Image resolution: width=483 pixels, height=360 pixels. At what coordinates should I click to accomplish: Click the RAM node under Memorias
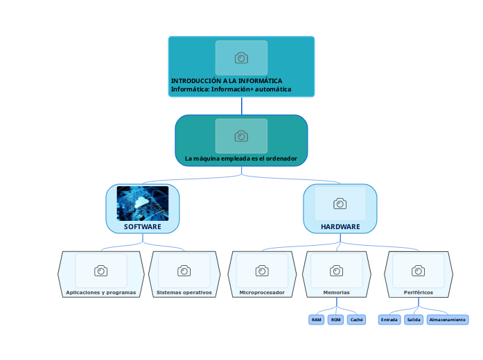pyautogui.click(x=317, y=320)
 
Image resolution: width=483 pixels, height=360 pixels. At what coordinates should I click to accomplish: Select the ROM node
pyautogui.click(x=336, y=320)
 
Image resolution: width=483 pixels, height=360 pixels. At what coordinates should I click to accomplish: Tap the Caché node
pyautogui.click(x=357, y=320)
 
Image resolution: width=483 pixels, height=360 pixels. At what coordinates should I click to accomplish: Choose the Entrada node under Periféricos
pyautogui.click(x=389, y=320)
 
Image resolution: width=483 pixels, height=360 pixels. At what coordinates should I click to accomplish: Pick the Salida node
pyautogui.click(x=414, y=320)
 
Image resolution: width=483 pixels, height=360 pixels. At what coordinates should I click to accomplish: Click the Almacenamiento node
pyautogui.click(x=447, y=320)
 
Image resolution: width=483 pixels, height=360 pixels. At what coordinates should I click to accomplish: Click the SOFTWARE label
pyautogui.click(x=143, y=226)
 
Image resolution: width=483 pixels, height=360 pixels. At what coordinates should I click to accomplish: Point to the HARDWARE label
pyautogui.click(x=340, y=226)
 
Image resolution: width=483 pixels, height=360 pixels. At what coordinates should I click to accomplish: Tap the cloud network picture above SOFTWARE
pyautogui.click(x=143, y=203)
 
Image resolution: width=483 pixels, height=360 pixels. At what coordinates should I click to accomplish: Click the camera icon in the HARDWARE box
pyautogui.click(x=340, y=204)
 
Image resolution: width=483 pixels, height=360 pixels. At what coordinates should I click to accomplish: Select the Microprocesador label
pyautogui.click(x=262, y=292)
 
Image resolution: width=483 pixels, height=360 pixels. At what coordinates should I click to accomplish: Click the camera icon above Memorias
pyautogui.click(x=336, y=271)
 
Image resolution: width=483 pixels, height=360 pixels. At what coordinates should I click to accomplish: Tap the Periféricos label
pyautogui.click(x=419, y=292)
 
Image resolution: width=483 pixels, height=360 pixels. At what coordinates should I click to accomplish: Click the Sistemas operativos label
pyautogui.click(x=184, y=292)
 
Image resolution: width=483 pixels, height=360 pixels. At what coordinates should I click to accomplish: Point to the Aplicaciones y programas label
pyautogui.click(x=101, y=292)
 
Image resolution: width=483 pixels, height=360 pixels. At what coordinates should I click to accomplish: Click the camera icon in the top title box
pyautogui.click(x=241, y=58)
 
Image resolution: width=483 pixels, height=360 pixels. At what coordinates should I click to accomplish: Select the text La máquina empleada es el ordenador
pyautogui.click(x=241, y=159)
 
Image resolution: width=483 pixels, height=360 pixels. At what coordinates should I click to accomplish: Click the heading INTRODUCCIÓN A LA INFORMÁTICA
pyautogui.click(x=227, y=81)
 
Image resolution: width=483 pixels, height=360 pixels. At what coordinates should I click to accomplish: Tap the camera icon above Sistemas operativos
pyautogui.click(x=184, y=271)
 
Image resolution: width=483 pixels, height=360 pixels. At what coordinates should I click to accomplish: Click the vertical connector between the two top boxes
pyautogui.click(x=242, y=106)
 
